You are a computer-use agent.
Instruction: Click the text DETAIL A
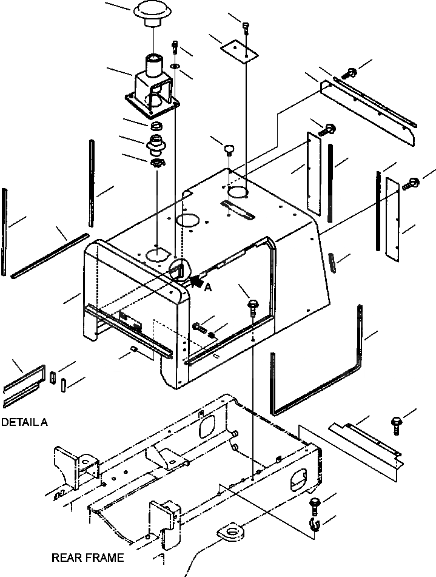point(24,422)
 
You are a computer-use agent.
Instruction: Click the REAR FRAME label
point(87,557)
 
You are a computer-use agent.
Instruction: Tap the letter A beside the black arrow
point(208,289)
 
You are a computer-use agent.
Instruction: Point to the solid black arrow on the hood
point(196,281)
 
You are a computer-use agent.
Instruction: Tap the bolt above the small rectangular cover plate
point(246,26)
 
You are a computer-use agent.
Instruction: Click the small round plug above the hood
point(229,148)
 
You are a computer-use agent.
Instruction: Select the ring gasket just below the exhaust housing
point(156,126)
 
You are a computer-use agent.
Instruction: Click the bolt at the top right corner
point(349,73)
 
